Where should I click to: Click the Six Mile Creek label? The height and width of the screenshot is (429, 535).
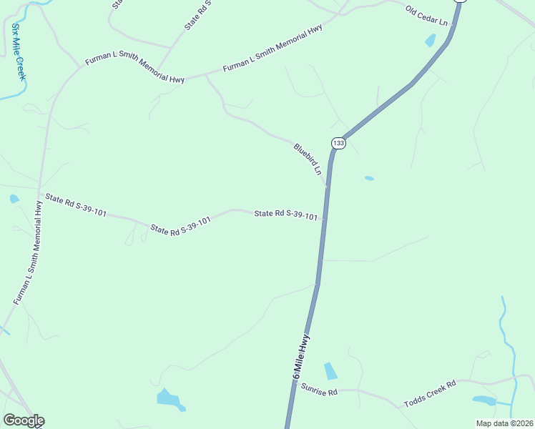[x=18, y=51]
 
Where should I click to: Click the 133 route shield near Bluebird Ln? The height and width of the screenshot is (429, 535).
[x=338, y=144]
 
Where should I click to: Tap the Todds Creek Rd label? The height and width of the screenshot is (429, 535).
[x=430, y=393]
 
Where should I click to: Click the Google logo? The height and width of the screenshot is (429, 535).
[x=24, y=420]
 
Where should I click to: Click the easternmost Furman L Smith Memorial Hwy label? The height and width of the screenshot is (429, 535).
[x=273, y=49]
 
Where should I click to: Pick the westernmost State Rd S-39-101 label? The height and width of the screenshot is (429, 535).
[x=75, y=205]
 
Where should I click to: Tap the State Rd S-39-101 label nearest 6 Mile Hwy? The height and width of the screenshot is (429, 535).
[x=286, y=214]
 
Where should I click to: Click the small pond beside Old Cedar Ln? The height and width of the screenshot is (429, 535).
[x=430, y=40]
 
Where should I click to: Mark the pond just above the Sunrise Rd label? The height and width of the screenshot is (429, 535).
[x=330, y=371]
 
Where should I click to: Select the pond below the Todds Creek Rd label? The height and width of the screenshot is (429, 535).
[x=484, y=400]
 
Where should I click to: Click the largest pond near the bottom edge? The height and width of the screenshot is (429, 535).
[x=170, y=398]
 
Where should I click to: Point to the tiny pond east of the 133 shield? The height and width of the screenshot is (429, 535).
[x=369, y=178]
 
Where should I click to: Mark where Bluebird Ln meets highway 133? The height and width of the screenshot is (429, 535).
[x=328, y=186]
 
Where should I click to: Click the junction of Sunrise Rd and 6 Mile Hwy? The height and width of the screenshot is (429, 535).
[x=293, y=388]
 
